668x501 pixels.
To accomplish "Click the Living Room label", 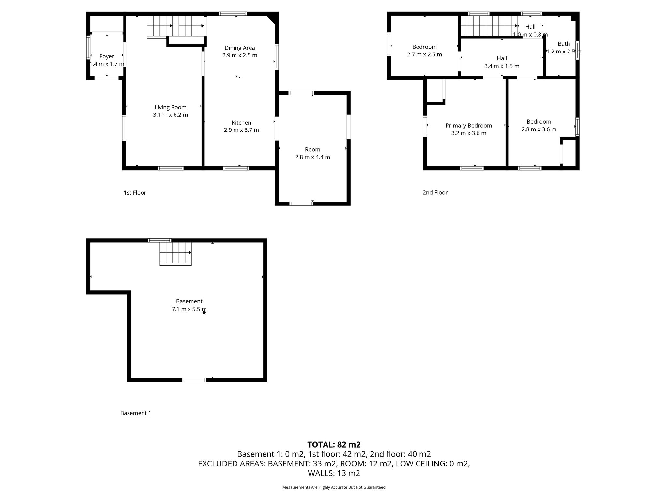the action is pyautogui.click(x=170, y=107).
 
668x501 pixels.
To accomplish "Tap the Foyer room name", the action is pyautogui.click(x=107, y=56).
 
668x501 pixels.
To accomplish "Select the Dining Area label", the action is pyautogui.click(x=240, y=48).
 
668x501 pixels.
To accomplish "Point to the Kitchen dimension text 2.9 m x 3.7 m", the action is pyautogui.click(x=241, y=130).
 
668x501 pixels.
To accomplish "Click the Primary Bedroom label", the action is pyautogui.click(x=469, y=126).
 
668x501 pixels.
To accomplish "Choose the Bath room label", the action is pyautogui.click(x=564, y=44).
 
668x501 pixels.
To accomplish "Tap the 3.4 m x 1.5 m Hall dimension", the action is pyautogui.click(x=502, y=66).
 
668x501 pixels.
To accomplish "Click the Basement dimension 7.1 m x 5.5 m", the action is pyautogui.click(x=189, y=309).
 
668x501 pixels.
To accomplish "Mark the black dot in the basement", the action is pyautogui.click(x=204, y=312).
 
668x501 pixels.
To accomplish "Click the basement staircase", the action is pyautogui.click(x=175, y=254).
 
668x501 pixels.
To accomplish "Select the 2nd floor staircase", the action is pyautogui.click(x=489, y=26).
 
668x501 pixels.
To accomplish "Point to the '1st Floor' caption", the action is pyautogui.click(x=135, y=193).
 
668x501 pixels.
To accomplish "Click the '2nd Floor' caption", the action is pyautogui.click(x=435, y=193).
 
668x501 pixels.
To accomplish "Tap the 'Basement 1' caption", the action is pyautogui.click(x=136, y=413).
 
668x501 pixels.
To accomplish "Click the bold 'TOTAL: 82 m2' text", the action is pyautogui.click(x=334, y=445).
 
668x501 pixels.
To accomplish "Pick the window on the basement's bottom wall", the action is pyautogui.click(x=194, y=380).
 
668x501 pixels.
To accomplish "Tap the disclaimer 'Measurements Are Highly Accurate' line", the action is pyautogui.click(x=334, y=487).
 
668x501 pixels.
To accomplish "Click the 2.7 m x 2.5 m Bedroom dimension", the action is pyautogui.click(x=424, y=55).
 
